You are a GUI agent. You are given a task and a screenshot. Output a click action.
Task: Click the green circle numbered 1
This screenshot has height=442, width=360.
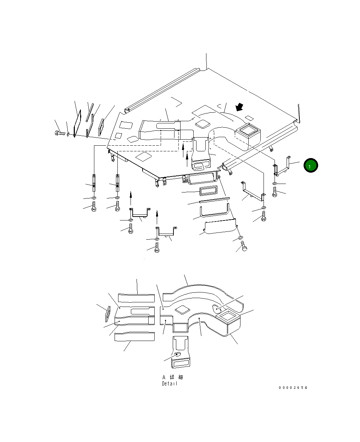[x=311, y=165]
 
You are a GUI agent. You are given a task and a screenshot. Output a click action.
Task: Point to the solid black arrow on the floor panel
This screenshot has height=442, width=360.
[x=239, y=107]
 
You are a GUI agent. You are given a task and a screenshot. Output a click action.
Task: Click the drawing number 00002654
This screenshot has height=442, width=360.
[x=293, y=387]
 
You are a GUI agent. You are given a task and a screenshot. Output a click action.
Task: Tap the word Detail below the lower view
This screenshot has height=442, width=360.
[x=170, y=384]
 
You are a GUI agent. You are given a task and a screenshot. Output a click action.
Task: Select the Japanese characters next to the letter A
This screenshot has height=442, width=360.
[x=176, y=377]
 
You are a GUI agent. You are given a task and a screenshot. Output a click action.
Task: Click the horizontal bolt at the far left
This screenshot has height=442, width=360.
[x=60, y=133]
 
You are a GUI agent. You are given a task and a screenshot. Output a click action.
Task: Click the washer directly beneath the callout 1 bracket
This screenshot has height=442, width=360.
[x=275, y=184]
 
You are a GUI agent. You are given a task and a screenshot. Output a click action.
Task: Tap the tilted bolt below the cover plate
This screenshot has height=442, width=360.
[x=244, y=246]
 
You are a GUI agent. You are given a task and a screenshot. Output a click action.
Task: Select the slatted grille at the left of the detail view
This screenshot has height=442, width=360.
[x=108, y=314]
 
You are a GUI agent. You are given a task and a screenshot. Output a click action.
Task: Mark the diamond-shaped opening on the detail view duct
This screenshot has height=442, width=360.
[x=183, y=310]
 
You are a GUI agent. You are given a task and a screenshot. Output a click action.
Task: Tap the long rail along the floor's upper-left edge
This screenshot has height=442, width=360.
[x=162, y=90]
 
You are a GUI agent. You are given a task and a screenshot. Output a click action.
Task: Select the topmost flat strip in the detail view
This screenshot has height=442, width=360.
[x=136, y=298]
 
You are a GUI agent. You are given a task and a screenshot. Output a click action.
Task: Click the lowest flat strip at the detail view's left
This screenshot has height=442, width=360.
[x=134, y=336]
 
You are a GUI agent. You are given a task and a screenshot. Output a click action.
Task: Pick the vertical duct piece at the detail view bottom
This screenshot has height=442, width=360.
[x=180, y=352]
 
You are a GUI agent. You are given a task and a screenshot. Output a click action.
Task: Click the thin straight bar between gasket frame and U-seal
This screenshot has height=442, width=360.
[x=215, y=200]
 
